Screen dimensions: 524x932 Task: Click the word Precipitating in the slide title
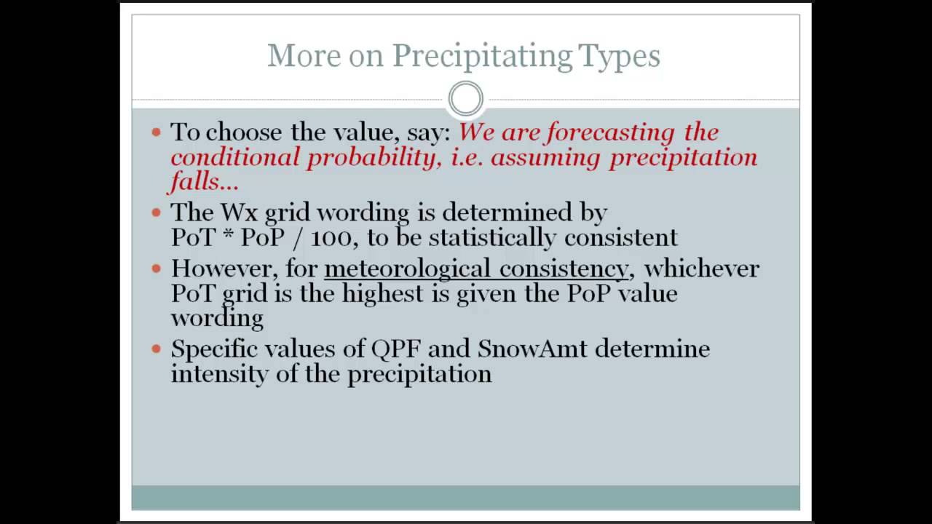[481, 56]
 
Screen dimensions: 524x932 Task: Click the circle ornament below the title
[465, 99]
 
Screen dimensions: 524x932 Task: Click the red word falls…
[205, 181]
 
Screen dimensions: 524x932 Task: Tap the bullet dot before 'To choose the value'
[156, 132]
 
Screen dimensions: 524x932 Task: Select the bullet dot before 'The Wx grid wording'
[156, 213]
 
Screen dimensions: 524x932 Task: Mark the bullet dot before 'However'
[156, 269]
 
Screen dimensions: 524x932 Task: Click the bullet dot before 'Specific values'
[156, 349]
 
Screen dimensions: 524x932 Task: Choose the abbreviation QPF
[396, 349]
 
